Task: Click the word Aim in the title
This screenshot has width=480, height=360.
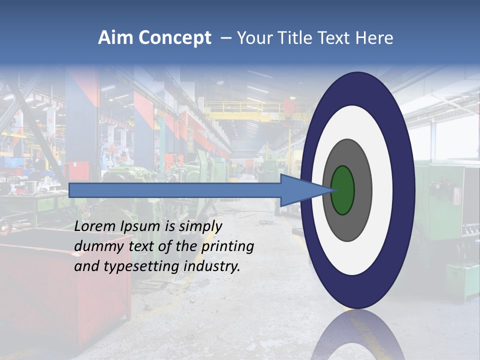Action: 115,38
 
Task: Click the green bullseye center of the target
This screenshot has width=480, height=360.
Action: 342,190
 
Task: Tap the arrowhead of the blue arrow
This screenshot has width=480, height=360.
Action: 305,190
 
